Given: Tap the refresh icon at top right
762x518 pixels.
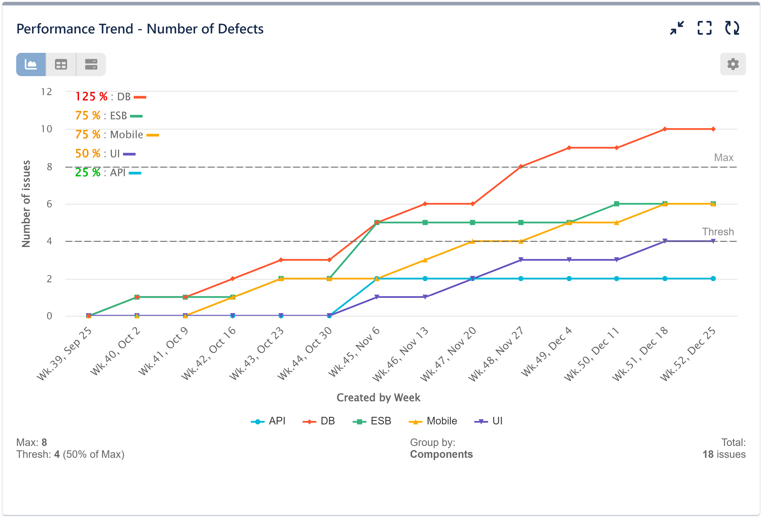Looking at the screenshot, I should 732,28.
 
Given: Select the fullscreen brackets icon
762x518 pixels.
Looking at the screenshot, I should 704,28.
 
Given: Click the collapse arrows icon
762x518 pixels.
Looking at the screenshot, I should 677,28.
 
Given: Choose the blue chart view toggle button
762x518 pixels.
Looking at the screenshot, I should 31,64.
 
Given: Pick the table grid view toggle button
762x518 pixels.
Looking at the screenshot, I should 61,64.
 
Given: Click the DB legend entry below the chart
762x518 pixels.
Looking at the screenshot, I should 319,421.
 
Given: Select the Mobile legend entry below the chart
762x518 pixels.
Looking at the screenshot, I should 433,421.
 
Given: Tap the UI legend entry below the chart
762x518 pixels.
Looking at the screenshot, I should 489,421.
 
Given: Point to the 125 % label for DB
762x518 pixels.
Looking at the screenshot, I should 91,97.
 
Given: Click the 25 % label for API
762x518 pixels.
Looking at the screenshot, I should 88,173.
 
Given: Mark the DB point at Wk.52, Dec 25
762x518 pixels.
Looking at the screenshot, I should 713,129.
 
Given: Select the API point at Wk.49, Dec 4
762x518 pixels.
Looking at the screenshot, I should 569,279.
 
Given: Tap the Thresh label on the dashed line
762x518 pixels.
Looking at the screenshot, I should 718,232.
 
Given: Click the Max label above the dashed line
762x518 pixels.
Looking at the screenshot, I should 723,158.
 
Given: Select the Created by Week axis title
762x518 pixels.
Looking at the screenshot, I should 378,398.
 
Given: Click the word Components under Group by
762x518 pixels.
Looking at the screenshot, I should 441,454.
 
